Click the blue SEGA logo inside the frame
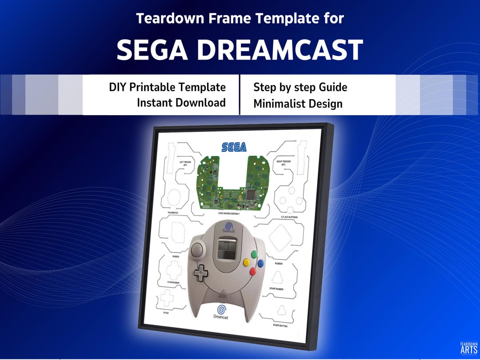click(x=234, y=147)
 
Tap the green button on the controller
click(x=255, y=255)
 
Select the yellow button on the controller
click(x=246, y=263)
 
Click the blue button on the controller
click(x=261, y=264)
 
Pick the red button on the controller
click(x=253, y=272)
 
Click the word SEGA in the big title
click(x=152, y=50)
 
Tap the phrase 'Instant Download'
click(x=181, y=103)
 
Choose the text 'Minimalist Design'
click(x=298, y=104)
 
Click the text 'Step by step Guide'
click(x=300, y=87)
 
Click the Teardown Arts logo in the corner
click(x=468, y=348)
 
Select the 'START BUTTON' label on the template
click(x=280, y=326)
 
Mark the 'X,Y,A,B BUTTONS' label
click(x=284, y=217)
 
